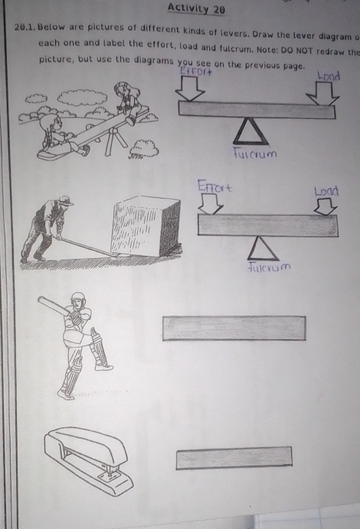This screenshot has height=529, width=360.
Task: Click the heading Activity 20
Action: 196,9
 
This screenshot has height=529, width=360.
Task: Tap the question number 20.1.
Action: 26,28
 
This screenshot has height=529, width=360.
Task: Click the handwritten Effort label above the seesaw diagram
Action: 195,72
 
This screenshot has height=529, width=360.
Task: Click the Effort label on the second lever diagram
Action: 214,185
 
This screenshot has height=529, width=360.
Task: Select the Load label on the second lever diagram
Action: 326,191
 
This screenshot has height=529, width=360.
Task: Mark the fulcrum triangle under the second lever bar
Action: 264,248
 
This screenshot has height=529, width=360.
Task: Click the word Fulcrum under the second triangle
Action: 270,269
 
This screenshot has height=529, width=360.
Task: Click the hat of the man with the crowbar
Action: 65,201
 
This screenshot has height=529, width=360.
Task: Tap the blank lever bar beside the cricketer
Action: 234,328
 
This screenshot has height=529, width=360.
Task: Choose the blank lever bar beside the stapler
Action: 234,458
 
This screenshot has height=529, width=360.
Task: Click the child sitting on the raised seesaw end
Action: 127,101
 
